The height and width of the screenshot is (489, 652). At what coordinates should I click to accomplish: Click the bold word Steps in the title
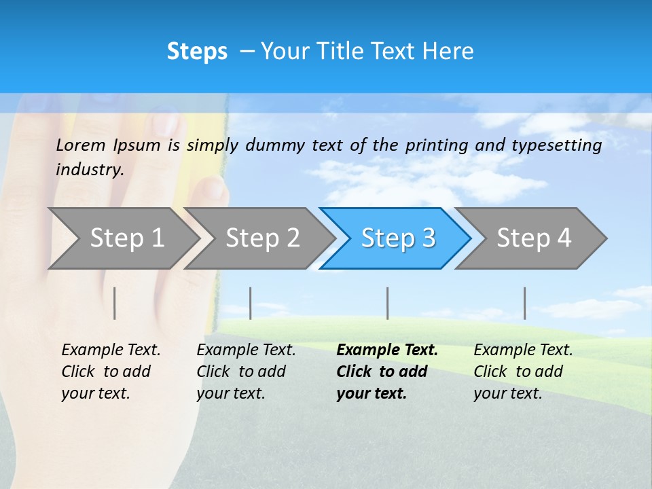[197, 52]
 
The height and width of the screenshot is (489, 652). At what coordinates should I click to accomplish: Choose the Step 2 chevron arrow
[262, 238]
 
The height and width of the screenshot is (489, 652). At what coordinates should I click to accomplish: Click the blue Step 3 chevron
[398, 238]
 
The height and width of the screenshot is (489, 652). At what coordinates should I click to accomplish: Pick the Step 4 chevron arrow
[534, 238]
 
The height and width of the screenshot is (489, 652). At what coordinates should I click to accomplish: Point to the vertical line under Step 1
[115, 303]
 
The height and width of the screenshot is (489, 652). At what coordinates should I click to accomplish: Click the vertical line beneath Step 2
[251, 303]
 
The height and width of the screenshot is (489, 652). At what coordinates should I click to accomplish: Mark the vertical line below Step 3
[388, 303]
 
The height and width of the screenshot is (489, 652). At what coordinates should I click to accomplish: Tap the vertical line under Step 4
[525, 303]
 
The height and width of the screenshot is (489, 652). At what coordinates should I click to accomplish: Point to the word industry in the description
[89, 169]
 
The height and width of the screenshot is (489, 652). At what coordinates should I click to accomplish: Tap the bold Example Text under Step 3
[387, 350]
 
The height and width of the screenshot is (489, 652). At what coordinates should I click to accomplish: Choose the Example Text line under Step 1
[111, 350]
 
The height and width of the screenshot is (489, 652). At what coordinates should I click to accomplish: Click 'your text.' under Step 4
[507, 393]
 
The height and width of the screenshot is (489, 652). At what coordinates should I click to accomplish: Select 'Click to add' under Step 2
[241, 372]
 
